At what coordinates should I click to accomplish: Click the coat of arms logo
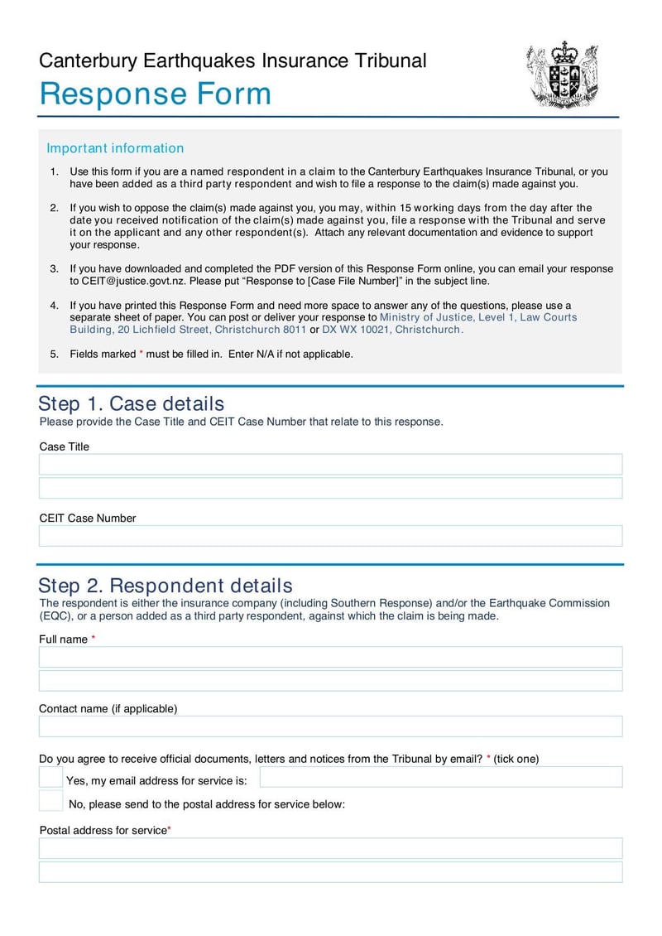point(562,75)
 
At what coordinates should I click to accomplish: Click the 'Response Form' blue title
point(156,94)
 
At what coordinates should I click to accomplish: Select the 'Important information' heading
point(115,148)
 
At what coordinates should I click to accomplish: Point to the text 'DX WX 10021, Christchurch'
point(392,330)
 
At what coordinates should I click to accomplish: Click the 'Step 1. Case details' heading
point(132,403)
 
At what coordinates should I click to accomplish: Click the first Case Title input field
point(330,464)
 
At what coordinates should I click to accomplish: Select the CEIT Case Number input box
point(330,536)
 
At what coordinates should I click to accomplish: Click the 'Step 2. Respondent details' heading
point(165,586)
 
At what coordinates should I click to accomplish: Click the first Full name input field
point(330,657)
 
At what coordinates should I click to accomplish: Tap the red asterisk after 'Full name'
point(94,639)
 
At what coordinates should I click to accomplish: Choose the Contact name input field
point(330,726)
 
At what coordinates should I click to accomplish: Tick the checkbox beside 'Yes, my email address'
point(50,777)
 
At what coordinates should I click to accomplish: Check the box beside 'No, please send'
point(50,801)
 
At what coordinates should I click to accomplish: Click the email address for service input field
point(440,777)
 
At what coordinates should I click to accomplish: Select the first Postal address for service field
point(330,848)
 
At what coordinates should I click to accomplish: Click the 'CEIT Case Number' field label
point(88,519)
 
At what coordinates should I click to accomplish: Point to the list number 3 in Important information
point(54,268)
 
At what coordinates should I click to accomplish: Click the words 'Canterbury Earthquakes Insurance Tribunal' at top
point(233,60)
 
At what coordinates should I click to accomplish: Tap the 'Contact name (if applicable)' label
point(108,709)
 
